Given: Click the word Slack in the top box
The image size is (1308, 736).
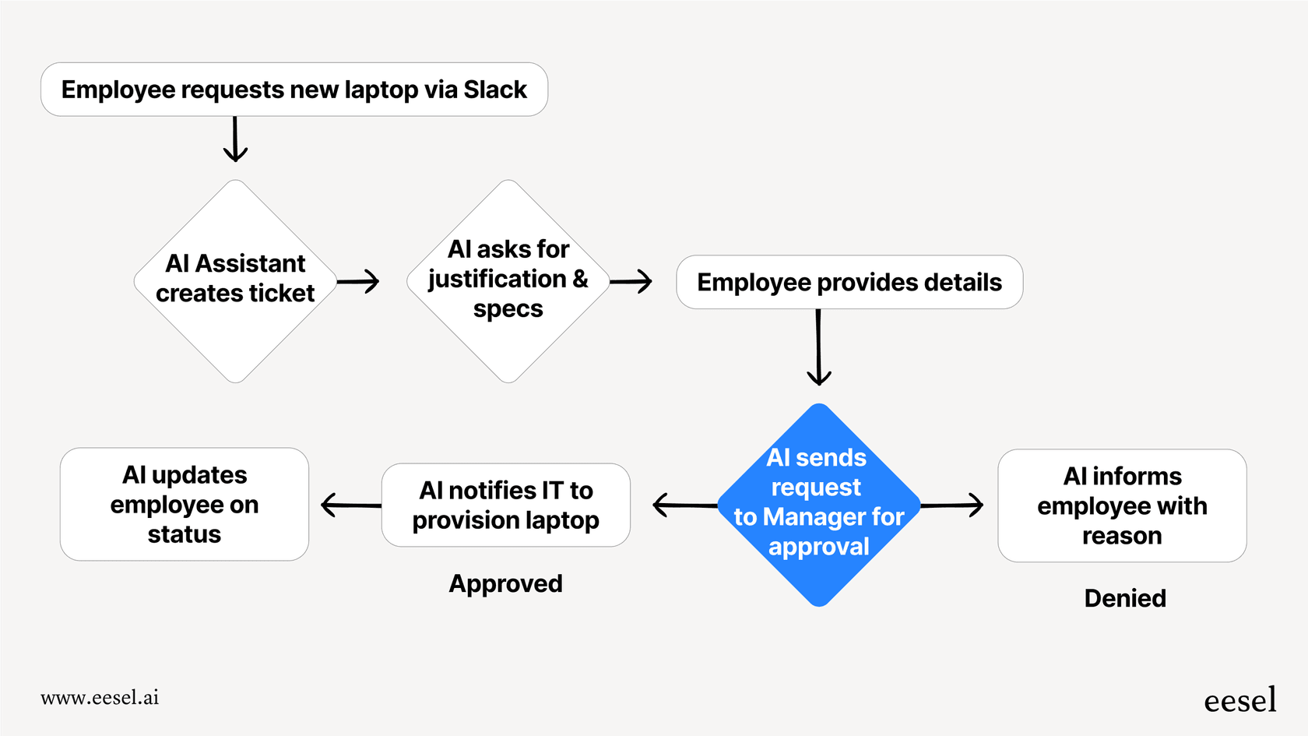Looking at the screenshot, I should (x=495, y=90).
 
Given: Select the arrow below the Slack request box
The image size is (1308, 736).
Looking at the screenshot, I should (x=235, y=139).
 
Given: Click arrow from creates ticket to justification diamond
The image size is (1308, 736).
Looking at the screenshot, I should (x=358, y=281).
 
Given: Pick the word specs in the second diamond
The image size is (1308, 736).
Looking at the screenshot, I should (x=508, y=309).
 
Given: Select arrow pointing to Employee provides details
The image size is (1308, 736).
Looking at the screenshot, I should (x=631, y=281).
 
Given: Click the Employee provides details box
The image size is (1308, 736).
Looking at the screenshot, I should (x=849, y=282).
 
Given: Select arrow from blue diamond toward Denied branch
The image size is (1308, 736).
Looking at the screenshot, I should (x=951, y=505).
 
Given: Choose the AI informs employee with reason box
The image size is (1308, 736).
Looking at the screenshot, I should (x=1121, y=505).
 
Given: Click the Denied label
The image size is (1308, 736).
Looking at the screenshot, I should (x=1124, y=598).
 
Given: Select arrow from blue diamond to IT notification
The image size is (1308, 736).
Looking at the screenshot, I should (x=684, y=505).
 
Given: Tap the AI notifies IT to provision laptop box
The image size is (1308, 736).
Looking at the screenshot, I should (x=505, y=505).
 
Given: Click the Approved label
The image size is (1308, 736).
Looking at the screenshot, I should (x=505, y=583).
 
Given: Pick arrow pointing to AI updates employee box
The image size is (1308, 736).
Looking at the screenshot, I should (x=350, y=505).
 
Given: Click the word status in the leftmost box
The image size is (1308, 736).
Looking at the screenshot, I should (x=185, y=535).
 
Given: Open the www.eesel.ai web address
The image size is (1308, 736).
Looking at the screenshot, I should (x=100, y=697).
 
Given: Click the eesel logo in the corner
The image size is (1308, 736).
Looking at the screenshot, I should (x=1239, y=700).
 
